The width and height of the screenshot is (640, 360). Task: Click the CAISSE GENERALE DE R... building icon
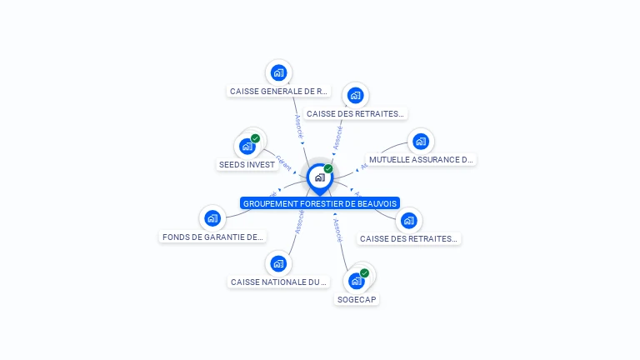coord(278,72)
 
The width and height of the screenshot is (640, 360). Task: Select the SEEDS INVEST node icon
coord(247,147)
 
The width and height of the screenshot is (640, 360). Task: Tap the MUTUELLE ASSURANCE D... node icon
coord(420,142)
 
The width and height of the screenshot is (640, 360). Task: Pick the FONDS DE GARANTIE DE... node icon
coord(212,219)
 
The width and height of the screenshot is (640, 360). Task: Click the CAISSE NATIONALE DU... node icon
coord(278,264)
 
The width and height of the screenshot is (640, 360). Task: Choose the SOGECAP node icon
coord(357,281)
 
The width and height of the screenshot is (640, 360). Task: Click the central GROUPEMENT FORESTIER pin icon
coord(319,177)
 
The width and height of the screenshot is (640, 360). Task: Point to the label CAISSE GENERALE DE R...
coord(279,92)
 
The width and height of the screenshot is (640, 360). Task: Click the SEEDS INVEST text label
coord(247,165)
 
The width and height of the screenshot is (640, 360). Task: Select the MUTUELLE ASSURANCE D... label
coord(421,159)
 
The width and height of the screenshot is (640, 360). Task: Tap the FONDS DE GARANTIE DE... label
coord(212,237)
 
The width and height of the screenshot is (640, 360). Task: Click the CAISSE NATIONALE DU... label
coord(278,282)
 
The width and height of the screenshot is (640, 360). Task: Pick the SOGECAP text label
coord(357,299)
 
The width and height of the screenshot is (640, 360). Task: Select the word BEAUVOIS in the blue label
coord(376,203)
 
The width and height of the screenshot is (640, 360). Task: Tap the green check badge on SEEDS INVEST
coord(255,138)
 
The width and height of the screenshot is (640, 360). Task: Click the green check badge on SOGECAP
coord(364,272)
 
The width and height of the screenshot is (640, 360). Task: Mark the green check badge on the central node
coord(328,169)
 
